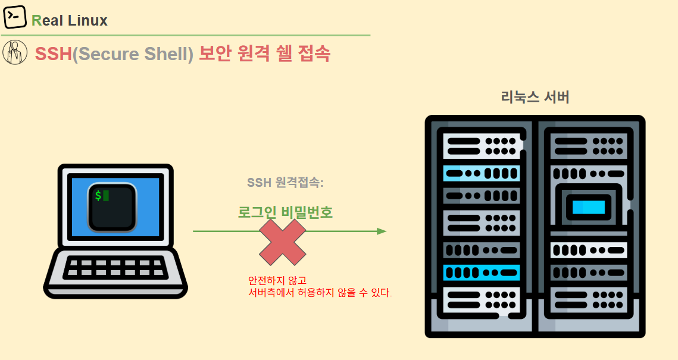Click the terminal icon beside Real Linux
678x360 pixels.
point(15,17)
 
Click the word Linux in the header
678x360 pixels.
point(88,21)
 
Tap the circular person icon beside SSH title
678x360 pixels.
point(15,52)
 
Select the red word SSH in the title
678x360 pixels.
point(53,54)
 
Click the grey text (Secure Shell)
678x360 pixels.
point(133,54)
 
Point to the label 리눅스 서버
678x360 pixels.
point(535,97)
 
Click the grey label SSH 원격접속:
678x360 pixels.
point(285,183)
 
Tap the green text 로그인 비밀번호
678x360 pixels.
point(285,212)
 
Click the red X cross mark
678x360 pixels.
point(283,242)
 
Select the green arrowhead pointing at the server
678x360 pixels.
point(382,231)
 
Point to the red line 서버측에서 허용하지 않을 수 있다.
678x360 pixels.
point(320,293)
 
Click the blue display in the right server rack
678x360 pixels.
point(589,207)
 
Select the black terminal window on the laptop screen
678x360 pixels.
point(113,207)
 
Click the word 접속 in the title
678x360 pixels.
point(312,54)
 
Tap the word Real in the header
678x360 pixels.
point(48,21)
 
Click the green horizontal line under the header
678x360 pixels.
point(185,35)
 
